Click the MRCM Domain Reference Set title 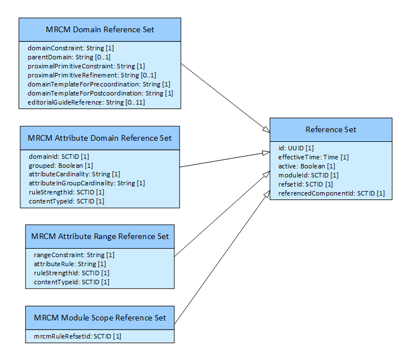(x=99, y=29)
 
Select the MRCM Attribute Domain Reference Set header (x=100, y=137)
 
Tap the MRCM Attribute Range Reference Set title (x=100, y=236)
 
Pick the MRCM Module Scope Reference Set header (x=99, y=318)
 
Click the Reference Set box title (x=331, y=129)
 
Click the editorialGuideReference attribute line (x=78, y=102)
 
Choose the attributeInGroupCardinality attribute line (x=86, y=183)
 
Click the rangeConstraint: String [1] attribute (x=74, y=255)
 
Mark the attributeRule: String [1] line (x=70, y=264)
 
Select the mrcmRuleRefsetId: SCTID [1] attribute (x=73, y=336)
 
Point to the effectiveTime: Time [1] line (x=313, y=157)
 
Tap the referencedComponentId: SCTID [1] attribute (x=331, y=193)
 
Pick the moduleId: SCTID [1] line (x=308, y=175)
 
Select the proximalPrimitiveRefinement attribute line (x=91, y=75)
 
